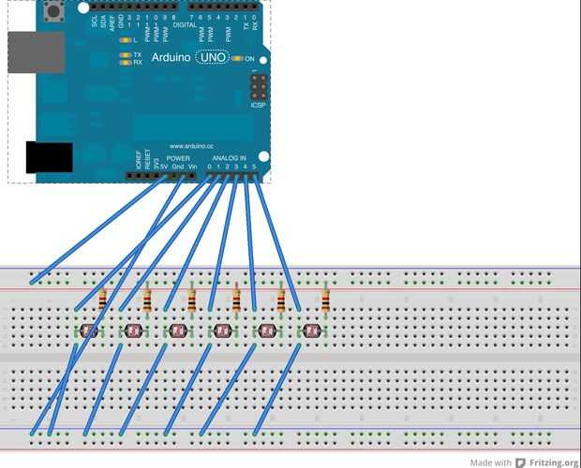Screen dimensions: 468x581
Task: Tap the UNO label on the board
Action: coord(213,58)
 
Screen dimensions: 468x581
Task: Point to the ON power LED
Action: coord(238,58)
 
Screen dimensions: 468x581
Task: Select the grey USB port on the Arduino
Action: coord(36,54)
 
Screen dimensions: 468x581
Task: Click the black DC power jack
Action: coord(49,157)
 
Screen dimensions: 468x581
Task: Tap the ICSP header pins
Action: coord(257,91)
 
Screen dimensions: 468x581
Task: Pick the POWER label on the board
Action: coord(178,158)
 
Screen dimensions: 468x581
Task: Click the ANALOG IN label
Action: coord(229,158)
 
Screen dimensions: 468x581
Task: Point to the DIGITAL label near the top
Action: coord(185,24)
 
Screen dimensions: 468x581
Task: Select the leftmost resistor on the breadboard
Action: coord(103,300)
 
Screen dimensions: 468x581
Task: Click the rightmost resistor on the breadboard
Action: coord(325,300)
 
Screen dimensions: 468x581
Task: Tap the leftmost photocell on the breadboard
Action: coord(89,330)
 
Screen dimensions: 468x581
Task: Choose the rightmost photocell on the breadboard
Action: coord(312,330)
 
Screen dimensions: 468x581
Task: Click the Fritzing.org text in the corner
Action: coord(553,462)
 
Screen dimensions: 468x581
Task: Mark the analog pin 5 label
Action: coord(255,167)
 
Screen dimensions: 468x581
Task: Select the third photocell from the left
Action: coord(178,330)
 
